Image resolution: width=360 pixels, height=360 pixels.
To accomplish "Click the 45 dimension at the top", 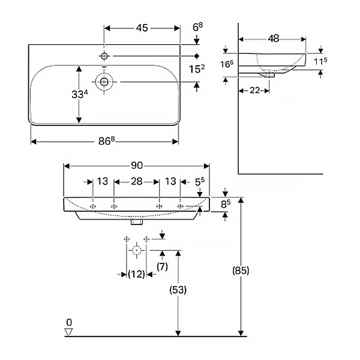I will tap(142, 28).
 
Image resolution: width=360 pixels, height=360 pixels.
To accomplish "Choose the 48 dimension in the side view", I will tap(273, 38).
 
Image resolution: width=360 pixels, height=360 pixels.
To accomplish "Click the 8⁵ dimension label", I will tap(226, 204).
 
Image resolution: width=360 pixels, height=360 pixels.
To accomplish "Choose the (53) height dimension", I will tap(178, 290).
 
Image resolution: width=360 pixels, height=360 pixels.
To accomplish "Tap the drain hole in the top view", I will tap(104, 81).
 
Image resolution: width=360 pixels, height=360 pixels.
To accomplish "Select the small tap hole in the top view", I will tap(104, 56).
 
